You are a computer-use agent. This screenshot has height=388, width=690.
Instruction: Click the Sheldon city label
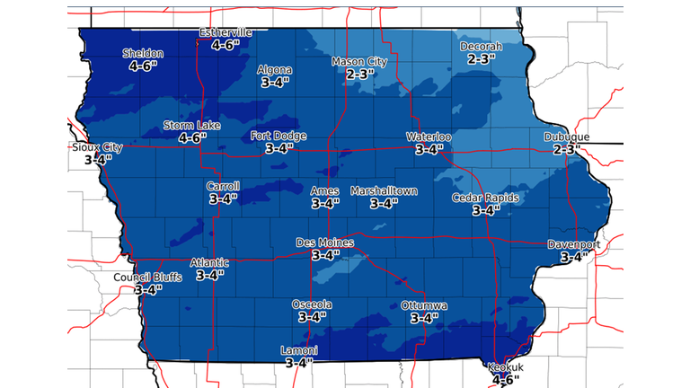(143, 53)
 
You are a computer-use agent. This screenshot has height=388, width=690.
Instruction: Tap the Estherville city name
(225, 33)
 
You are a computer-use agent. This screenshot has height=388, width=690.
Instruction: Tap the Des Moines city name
(325, 243)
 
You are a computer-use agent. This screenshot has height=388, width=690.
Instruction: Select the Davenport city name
(573, 244)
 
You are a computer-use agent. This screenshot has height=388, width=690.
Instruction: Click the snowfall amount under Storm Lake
(192, 138)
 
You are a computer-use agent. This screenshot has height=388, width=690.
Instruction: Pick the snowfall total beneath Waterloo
(429, 150)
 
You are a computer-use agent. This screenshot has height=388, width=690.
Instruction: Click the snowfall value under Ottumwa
(425, 318)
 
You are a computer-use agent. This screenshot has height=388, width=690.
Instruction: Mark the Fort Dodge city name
(278, 137)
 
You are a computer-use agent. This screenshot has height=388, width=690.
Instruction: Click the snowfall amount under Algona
(274, 83)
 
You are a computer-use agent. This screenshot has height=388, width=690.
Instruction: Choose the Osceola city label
(312, 304)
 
